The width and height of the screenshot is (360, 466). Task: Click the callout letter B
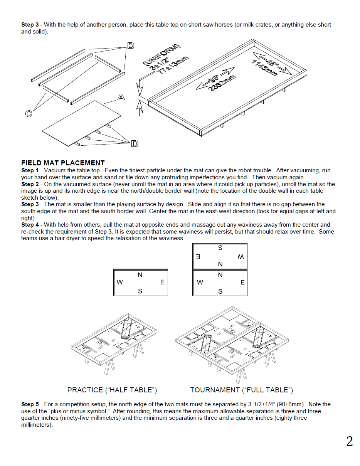click(x=131, y=45)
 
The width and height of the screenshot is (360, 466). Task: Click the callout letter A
click(x=121, y=97)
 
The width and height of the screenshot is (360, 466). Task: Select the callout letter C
click(x=29, y=114)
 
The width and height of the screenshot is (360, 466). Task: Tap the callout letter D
click(x=135, y=144)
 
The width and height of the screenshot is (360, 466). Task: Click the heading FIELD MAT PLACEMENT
click(x=63, y=163)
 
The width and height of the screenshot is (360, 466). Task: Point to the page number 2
click(x=349, y=441)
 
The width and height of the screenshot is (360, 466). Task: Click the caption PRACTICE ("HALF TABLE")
click(x=112, y=390)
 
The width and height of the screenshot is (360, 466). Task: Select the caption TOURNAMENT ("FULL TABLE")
click(x=241, y=390)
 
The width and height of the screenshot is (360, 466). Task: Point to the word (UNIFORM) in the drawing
click(x=161, y=55)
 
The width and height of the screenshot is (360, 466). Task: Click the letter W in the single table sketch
click(x=120, y=282)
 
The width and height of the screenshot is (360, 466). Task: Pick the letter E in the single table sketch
click(x=162, y=282)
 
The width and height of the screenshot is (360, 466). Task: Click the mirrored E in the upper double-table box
click(x=198, y=257)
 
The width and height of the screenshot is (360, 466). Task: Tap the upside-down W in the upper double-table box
click(x=241, y=257)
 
